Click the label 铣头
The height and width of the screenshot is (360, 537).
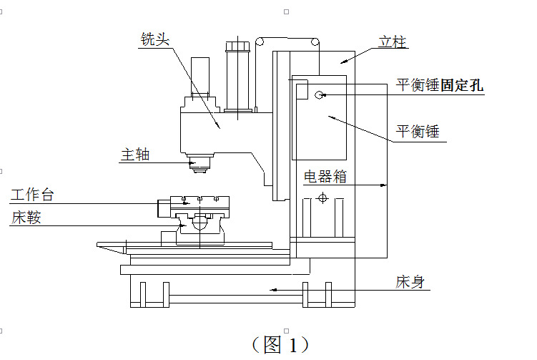pyautogui.click(x=155, y=40)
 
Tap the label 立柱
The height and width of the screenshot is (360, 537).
pyautogui.click(x=392, y=42)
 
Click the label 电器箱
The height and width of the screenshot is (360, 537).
pyautogui.click(x=325, y=177)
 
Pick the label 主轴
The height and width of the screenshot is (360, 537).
pyautogui.click(x=135, y=154)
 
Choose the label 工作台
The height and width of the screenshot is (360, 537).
pyautogui.click(x=32, y=195)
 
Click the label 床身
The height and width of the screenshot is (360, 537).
pyautogui.click(x=410, y=282)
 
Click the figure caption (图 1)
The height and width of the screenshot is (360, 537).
pyautogui.click(x=280, y=344)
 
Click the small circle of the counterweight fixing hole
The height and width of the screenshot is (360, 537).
pyautogui.click(x=319, y=94)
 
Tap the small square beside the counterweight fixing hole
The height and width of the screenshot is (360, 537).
pyautogui.click(x=302, y=89)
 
